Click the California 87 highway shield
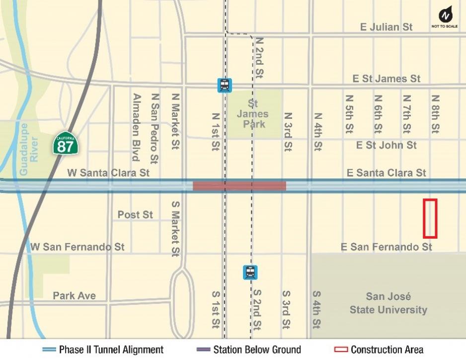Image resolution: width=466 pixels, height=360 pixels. (66, 143)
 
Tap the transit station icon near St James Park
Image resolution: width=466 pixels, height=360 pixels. (225, 85)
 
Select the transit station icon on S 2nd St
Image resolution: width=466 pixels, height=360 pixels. (250, 272)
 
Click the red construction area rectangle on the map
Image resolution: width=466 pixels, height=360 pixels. (430, 219)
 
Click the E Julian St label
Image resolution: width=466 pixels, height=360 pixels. (386, 27)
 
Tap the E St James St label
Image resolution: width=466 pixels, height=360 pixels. (386, 79)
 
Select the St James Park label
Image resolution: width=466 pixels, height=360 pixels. (252, 114)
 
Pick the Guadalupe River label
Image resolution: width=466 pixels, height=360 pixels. (28, 149)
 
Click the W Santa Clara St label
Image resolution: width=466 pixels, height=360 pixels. (108, 173)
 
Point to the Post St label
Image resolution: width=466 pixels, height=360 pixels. (135, 215)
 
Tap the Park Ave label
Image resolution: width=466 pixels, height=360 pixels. (75, 296)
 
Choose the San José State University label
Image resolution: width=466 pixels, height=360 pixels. (388, 303)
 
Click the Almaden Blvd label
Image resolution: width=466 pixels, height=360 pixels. (136, 127)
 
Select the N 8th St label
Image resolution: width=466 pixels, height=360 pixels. (435, 114)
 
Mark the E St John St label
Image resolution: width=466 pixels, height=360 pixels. (386, 145)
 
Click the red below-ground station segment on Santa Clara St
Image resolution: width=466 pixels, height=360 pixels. (239, 186)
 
